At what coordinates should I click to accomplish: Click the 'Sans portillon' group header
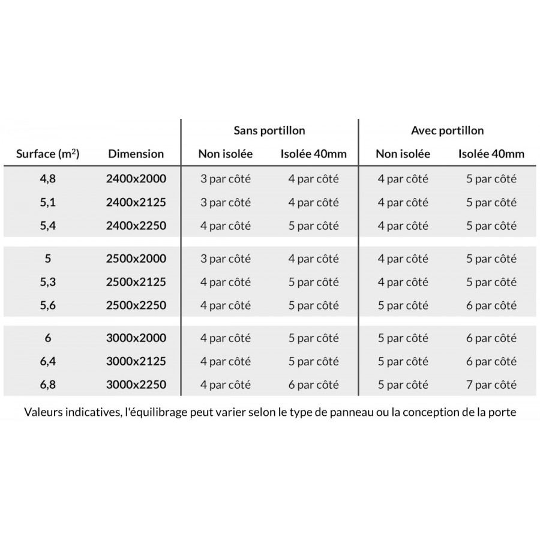(x=269, y=130)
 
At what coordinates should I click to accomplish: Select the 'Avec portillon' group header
(x=447, y=130)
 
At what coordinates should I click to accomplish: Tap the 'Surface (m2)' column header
(x=48, y=154)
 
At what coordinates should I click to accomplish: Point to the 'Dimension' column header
(x=136, y=154)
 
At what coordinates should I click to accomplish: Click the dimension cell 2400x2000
(x=136, y=178)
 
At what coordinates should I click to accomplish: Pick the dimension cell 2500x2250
(x=136, y=305)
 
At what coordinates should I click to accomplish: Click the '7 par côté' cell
(x=491, y=385)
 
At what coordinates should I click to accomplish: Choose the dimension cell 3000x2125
(x=136, y=361)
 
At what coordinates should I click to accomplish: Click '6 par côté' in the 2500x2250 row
(x=491, y=305)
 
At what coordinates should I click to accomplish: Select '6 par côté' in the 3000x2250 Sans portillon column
(x=314, y=385)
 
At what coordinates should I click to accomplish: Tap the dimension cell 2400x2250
(x=136, y=226)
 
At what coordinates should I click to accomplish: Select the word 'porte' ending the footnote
(x=503, y=413)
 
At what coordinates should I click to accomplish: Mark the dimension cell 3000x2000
(x=136, y=338)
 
